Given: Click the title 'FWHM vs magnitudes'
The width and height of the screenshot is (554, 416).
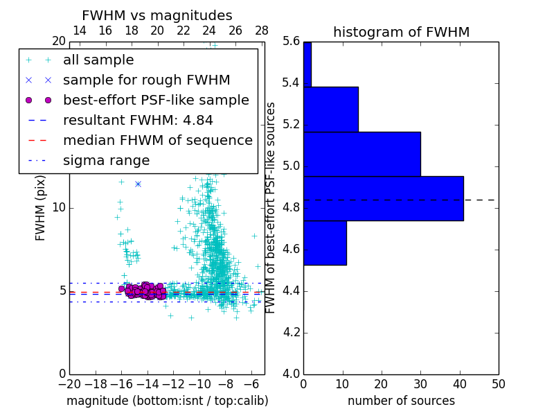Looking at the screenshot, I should (x=157, y=16).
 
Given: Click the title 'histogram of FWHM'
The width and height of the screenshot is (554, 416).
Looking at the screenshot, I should (x=401, y=32).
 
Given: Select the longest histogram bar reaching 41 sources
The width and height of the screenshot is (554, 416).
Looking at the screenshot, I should (x=383, y=198).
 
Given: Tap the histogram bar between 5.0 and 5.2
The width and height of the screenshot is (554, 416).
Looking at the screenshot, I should (x=361, y=154).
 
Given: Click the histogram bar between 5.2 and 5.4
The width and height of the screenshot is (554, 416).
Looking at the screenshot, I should (x=330, y=109).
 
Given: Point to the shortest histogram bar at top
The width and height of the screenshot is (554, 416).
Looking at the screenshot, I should (x=307, y=64).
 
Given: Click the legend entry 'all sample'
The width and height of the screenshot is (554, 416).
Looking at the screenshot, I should (x=98, y=60).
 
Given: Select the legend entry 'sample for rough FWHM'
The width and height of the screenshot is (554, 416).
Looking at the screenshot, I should (x=146, y=80).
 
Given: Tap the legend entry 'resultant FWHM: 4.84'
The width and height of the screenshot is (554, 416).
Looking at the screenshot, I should (x=138, y=120).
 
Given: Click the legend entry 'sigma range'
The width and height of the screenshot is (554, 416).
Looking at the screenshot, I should (x=106, y=160).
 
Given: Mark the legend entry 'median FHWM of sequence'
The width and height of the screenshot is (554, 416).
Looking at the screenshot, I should (x=157, y=140).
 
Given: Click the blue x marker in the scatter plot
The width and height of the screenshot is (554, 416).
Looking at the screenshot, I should (x=138, y=184).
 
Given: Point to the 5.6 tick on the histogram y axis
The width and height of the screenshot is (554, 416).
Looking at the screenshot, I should (x=291, y=42).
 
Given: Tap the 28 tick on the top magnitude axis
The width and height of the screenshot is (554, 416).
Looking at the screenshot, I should (x=262, y=31).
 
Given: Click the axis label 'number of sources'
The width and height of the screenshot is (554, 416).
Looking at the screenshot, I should (x=401, y=401).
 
